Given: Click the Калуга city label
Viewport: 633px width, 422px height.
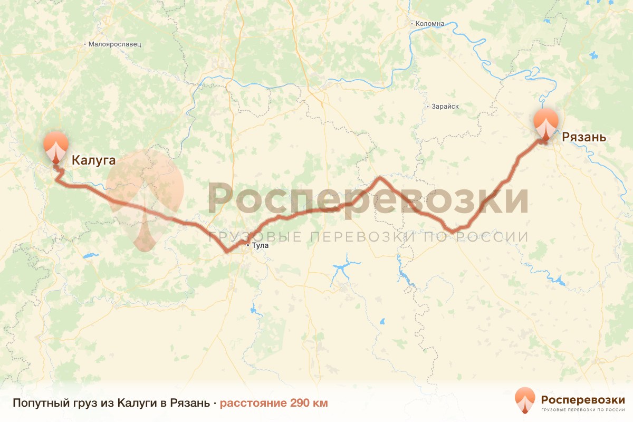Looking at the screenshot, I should pyautogui.click(x=93, y=160).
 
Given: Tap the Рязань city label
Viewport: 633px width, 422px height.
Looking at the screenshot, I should pyautogui.click(x=583, y=138).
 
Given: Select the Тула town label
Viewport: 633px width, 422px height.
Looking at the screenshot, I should pyautogui.click(x=261, y=245).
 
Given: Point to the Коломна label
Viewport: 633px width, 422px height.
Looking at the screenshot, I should pyautogui.click(x=430, y=24).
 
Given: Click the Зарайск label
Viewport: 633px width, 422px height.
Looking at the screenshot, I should pyautogui.click(x=445, y=107).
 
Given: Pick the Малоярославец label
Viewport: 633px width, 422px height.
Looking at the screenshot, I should pyautogui.click(x=115, y=45).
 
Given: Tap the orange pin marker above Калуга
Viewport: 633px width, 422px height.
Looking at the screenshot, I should pyautogui.click(x=55, y=146).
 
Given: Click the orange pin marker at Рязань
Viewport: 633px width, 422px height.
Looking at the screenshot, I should pyautogui.click(x=545, y=124).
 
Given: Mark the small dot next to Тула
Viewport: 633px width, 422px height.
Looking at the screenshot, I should pyautogui.click(x=247, y=245).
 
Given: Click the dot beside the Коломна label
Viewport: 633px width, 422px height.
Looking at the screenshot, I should pyautogui.click(x=412, y=24).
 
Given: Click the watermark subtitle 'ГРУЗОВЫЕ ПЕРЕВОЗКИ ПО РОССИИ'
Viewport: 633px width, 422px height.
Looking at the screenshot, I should pyautogui.click(x=368, y=237).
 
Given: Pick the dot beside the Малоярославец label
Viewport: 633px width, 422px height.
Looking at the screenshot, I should pyautogui.click(x=85, y=45).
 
